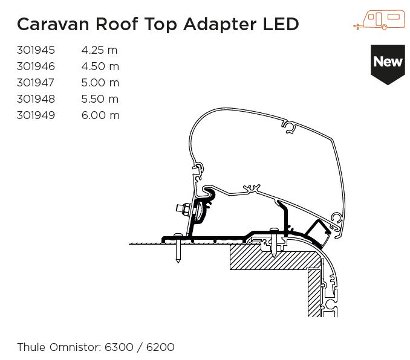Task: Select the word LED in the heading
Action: click(x=281, y=24)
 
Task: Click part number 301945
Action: click(x=36, y=50)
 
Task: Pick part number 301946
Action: click(x=36, y=66)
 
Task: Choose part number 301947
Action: click(x=36, y=83)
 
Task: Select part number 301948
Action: click(x=36, y=99)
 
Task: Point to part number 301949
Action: click(x=36, y=115)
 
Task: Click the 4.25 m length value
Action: click(x=100, y=50)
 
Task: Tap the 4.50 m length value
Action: click(x=100, y=66)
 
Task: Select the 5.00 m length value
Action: click(x=100, y=83)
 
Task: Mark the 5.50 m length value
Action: click(x=100, y=99)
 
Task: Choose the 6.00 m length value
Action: click(x=100, y=115)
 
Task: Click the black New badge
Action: click(x=388, y=63)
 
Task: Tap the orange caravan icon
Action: click(x=380, y=20)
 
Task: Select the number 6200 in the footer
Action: click(x=160, y=347)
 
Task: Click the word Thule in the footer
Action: click(x=30, y=347)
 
